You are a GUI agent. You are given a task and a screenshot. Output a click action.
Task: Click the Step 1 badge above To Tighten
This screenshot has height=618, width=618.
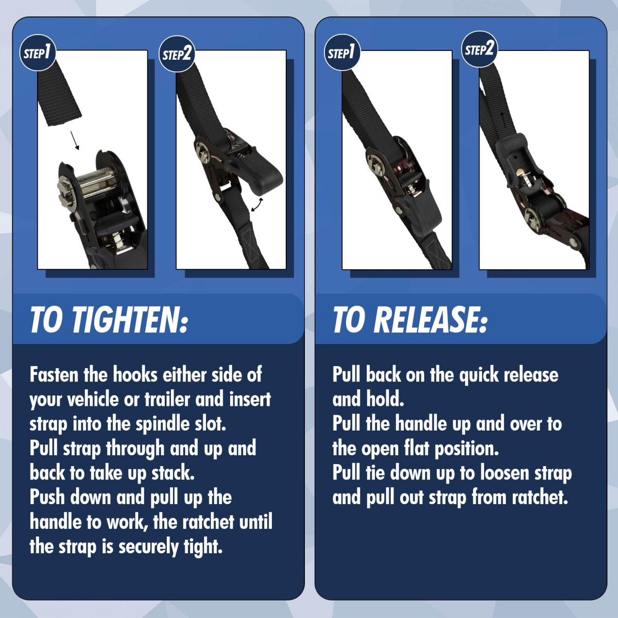pyautogui.click(x=38, y=53)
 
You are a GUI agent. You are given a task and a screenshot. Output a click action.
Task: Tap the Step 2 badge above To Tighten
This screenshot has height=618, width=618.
pyautogui.click(x=177, y=54)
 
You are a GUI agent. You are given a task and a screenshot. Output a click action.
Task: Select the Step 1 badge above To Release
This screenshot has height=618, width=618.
pyautogui.click(x=342, y=53)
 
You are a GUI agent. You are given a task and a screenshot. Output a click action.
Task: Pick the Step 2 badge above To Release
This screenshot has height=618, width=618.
pyautogui.click(x=479, y=49)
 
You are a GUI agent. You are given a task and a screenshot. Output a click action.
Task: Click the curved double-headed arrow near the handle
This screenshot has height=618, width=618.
pyautogui.click(x=257, y=205)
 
